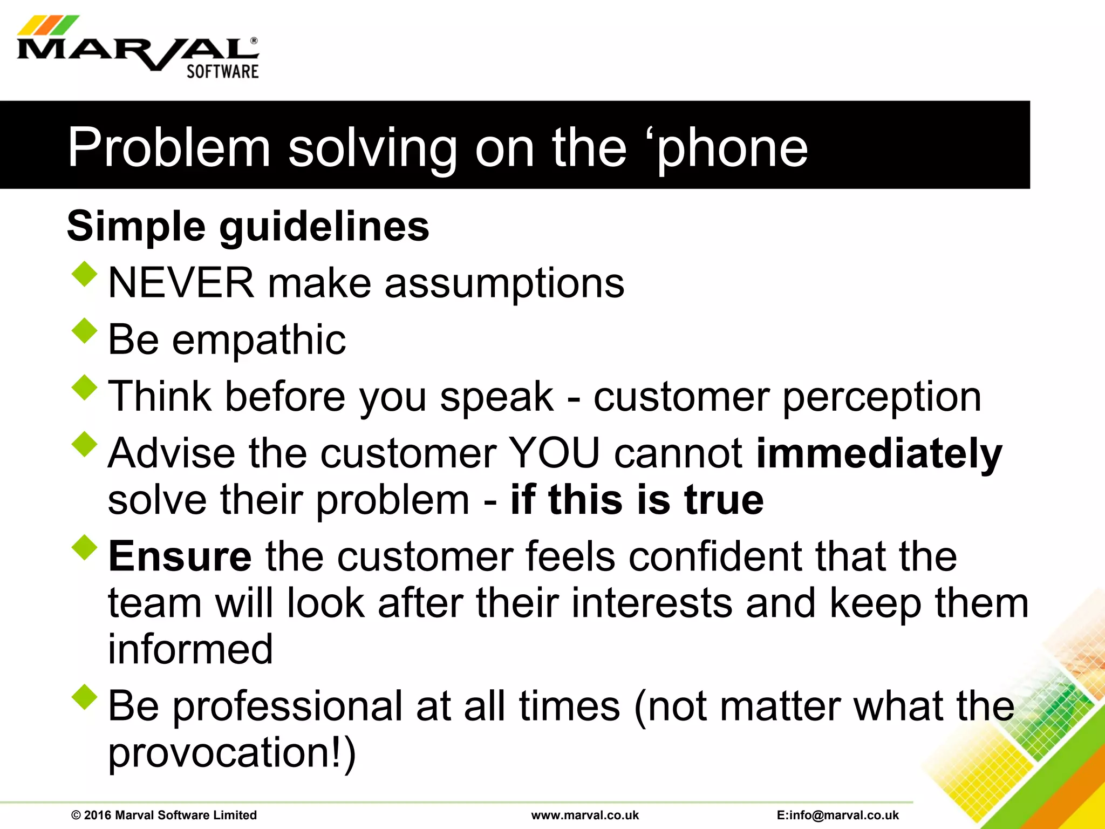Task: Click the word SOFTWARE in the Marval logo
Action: point(222,71)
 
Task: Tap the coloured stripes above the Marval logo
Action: point(47,25)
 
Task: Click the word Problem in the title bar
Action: point(168,147)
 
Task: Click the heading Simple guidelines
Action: point(248,226)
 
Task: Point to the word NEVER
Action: point(181,283)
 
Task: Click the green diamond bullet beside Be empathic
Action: point(84,330)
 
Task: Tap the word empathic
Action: point(258,340)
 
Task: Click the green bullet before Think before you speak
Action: point(84,388)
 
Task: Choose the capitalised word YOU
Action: point(554,453)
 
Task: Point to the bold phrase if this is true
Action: point(637,499)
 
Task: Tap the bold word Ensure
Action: point(180,556)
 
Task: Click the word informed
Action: point(190,649)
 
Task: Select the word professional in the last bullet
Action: point(288,706)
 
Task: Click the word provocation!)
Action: point(232,752)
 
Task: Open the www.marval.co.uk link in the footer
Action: point(585,815)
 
